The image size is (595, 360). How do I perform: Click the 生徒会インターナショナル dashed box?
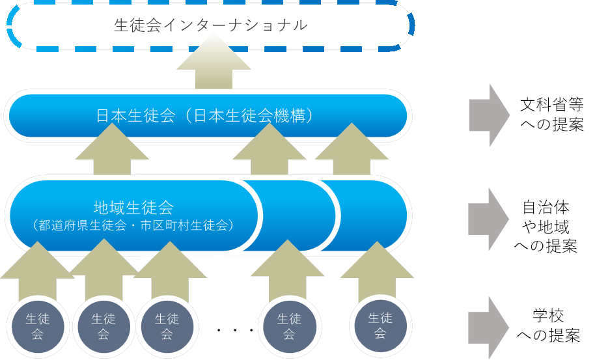coord(210,26)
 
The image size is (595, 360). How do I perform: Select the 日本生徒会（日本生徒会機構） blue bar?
coord(207,117)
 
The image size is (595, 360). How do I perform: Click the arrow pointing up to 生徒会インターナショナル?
coord(214,64)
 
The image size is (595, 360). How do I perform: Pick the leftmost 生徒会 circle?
coord(38,325)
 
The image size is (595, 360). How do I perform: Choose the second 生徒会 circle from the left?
coord(104,325)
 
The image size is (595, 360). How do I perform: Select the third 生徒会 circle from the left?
coord(167,325)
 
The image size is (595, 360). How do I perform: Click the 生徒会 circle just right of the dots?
coord(289,325)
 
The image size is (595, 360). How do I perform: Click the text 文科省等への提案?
coord(552,115)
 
